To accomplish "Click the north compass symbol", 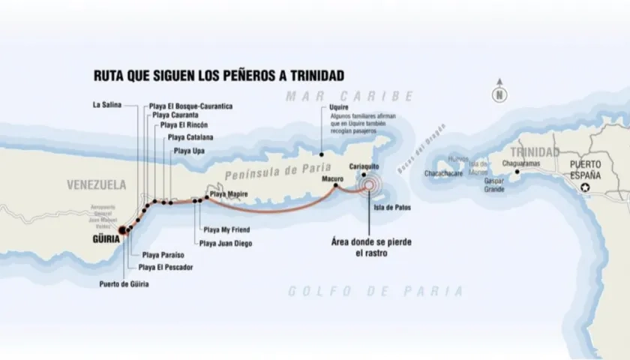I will click(x=499, y=94).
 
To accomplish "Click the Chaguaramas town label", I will click(x=521, y=162).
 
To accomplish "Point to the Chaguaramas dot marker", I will click(x=517, y=172).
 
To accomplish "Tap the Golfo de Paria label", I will click(x=376, y=291).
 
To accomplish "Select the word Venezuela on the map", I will click(x=96, y=184).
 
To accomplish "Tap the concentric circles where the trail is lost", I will click(x=369, y=185).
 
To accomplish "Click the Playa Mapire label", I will click(x=229, y=194).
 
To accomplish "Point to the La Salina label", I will click(x=106, y=105).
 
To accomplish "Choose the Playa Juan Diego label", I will click(x=226, y=243).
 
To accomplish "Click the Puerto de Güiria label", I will click(x=124, y=283).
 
